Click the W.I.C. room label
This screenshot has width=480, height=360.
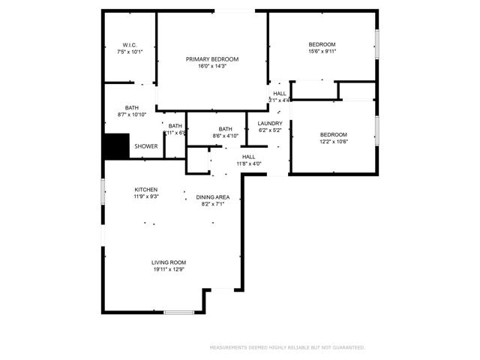point(129,45)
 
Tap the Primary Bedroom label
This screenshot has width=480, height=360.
point(212,59)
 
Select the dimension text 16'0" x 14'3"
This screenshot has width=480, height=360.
point(212,67)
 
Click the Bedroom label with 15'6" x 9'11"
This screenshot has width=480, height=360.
point(322,44)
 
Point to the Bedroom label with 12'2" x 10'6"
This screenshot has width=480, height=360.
point(334,134)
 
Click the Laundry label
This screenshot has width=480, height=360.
point(269,123)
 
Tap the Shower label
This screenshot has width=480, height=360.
point(145,146)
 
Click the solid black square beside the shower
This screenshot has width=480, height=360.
point(116,146)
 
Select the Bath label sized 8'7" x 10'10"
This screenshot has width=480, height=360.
point(132,107)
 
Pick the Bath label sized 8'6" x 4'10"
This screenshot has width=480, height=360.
point(225,129)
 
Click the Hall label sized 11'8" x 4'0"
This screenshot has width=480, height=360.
point(248,157)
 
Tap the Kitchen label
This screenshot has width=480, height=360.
point(145,189)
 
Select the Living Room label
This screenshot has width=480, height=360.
point(169,262)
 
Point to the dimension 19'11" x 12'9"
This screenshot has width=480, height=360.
point(169,270)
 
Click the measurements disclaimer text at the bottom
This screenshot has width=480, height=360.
point(286,347)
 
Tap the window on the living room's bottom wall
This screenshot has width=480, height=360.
point(179,312)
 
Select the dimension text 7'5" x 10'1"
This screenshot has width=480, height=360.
point(129,52)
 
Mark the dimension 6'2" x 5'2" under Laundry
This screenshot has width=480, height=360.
point(269,130)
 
